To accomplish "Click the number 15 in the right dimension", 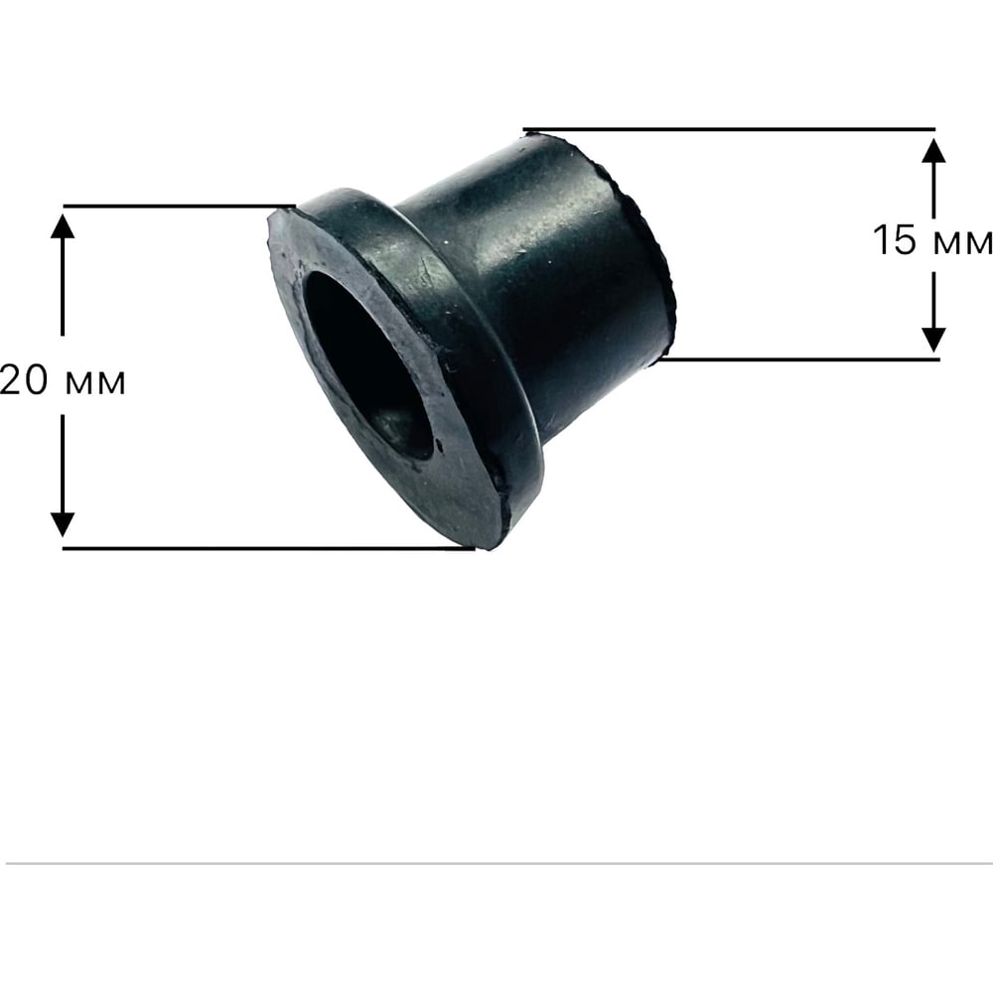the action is click(x=895, y=240).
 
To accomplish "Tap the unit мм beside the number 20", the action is click(x=95, y=383).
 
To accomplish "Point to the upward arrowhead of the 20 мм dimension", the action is click(x=62, y=226).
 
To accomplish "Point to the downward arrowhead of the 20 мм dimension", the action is click(x=62, y=524).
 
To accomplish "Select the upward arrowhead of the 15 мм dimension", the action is click(x=934, y=150).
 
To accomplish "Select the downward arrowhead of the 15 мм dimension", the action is click(x=934, y=340).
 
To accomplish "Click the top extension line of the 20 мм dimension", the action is click(x=179, y=206).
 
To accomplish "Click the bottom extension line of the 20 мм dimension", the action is click(x=268, y=548).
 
